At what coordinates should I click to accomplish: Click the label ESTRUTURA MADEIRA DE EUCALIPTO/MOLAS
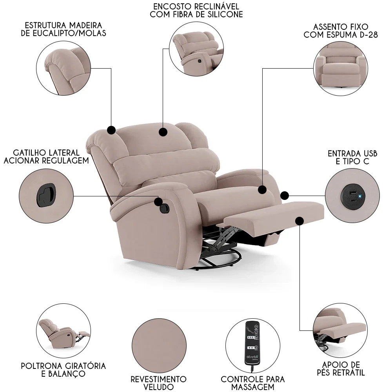[x=63, y=29]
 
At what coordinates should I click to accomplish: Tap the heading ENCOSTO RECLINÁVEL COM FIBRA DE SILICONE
[x=196, y=11]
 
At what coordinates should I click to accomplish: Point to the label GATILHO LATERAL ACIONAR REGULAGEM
[x=46, y=156]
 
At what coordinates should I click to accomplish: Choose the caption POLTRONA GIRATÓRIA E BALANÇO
[x=63, y=369]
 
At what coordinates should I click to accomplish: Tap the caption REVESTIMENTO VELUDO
[x=158, y=383]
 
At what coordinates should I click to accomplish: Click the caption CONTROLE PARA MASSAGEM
[x=252, y=383]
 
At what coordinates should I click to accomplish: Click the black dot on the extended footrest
[x=300, y=221]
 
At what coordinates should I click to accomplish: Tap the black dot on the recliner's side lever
[x=158, y=202]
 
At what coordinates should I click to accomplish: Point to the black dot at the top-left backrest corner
[x=111, y=130]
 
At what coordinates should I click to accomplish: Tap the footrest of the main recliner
[x=274, y=214]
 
